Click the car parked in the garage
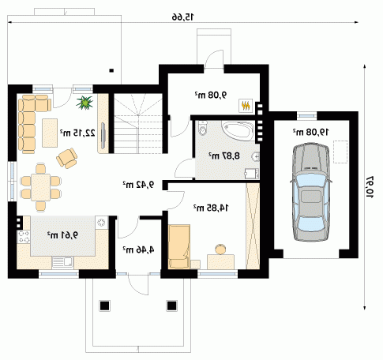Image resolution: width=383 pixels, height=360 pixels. pos(310,192)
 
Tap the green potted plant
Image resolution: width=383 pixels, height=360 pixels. pos(84,103)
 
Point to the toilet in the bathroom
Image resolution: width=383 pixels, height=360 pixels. pos(202,128)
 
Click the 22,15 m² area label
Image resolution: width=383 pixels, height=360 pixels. pos(77,133)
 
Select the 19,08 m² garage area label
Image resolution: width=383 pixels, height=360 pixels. pos(311,132)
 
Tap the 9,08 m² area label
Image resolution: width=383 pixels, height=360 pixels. pos(211,95)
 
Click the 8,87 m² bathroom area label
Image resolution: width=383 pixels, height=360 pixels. pos(224,156)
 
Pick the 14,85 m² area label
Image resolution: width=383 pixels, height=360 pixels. pos(211,208)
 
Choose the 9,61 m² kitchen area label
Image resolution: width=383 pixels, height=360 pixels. pos(62,234)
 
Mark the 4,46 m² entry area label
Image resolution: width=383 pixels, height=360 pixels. pos(138,249)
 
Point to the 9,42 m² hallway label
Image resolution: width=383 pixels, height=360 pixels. pos(138,185)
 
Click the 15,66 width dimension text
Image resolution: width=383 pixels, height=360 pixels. pos(182,17)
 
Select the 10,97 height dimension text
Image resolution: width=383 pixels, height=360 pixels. pos(370,187)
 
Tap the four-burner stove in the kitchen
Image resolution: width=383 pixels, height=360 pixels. pos(24,236)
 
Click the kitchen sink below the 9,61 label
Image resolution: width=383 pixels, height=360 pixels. pos(62,262)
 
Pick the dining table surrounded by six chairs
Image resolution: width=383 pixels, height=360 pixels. pos(40,187)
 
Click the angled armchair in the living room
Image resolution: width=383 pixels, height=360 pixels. pos(67,158)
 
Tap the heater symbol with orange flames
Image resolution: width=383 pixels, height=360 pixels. pos(246,106)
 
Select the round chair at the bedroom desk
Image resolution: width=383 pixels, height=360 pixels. pos(220,249)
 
